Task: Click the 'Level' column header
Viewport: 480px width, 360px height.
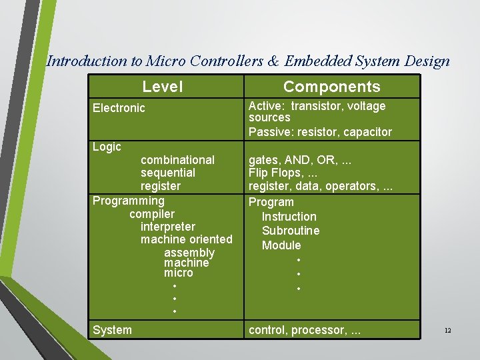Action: [x=162, y=87]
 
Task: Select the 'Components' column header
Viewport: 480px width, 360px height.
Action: [x=331, y=87]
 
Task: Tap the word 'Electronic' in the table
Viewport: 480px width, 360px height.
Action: [x=119, y=108]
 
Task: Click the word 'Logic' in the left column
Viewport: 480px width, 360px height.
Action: [x=107, y=147]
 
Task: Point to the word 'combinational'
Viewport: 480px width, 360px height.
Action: [x=177, y=160]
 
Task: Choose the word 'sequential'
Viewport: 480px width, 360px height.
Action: [x=168, y=173]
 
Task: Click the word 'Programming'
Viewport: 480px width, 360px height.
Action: [x=128, y=201]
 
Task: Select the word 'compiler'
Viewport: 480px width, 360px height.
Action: [x=152, y=214]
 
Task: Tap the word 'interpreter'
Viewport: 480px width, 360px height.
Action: [x=168, y=227]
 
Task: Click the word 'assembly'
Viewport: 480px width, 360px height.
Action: [x=189, y=253]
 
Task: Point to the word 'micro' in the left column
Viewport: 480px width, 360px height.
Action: [x=178, y=273]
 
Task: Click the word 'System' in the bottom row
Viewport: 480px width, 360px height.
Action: [x=112, y=330]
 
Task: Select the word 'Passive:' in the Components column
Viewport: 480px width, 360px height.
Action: [x=270, y=132]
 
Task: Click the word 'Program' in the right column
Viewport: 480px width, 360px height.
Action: [x=271, y=202]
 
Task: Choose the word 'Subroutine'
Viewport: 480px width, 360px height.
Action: [x=291, y=231]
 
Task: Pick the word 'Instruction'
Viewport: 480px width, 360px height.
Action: [x=289, y=217]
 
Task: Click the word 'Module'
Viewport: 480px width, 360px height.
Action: [x=281, y=245]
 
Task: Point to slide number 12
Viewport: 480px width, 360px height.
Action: [x=448, y=331]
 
